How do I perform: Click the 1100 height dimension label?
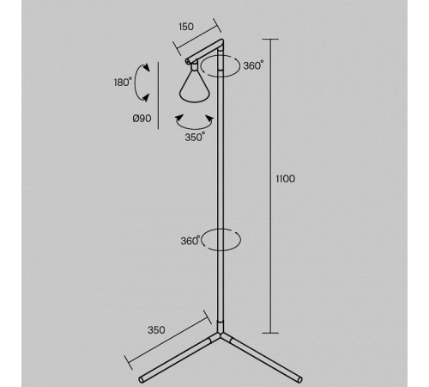click(x=285, y=179)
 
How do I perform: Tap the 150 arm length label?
click(x=186, y=27)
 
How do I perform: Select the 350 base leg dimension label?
click(x=156, y=330)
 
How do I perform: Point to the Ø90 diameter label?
click(x=142, y=119)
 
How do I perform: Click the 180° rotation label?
click(x=123, y=83)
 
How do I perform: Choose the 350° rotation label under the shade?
click(x=195, y=137)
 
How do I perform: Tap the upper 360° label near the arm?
click(x=253, y=65)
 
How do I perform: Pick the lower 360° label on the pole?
click(x=190, y=241)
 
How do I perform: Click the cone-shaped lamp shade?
click(x=195, y=86)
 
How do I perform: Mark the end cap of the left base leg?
click(x=141, y=379)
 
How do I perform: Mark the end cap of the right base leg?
click(x=299, y=379)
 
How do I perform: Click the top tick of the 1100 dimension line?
click(x=270, y=39)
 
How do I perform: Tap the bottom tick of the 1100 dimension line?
click(x=270, y=333)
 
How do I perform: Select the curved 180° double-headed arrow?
click(x=136, y=83)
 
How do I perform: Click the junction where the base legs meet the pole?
click(x=220, y=335)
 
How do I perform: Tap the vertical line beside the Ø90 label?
click(x=158, y=95)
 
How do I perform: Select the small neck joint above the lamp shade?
click(x=195, y=67)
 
